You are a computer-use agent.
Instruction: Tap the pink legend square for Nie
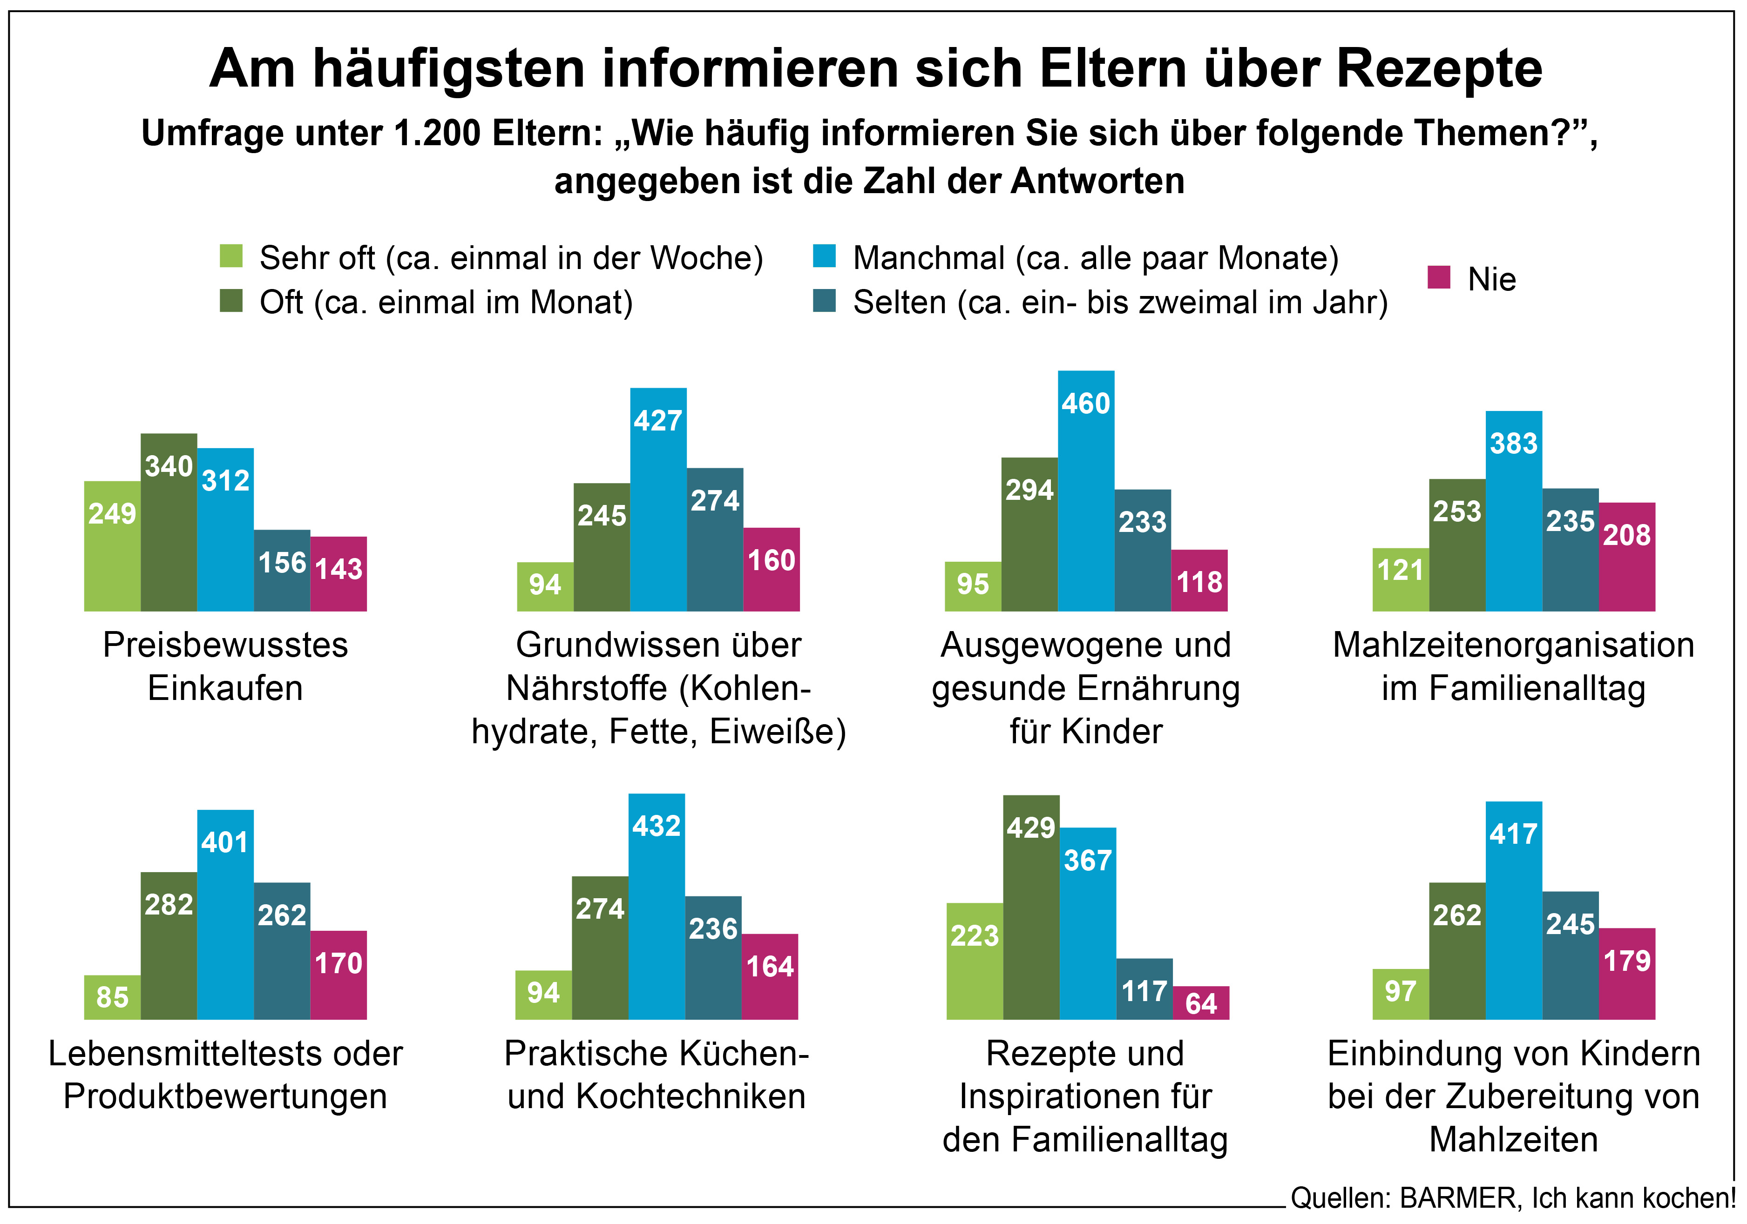click(1438, 278)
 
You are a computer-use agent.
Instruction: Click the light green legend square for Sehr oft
click(231, 256)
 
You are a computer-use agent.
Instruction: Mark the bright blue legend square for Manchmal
click(824, 256)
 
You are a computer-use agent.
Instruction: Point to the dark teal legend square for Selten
click(824, 301)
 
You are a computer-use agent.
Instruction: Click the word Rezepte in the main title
click(1439, 68)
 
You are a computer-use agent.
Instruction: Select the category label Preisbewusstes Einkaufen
click(225, 666)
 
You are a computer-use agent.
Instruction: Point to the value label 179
click(1627, 961)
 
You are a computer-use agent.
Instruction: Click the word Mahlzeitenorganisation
click(1513, 645)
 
